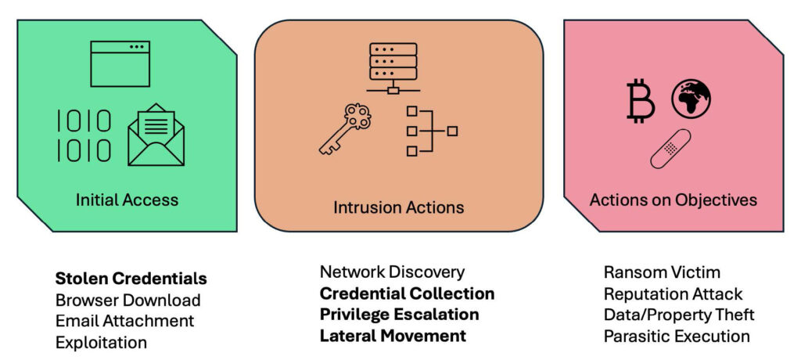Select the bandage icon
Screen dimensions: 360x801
(x=670, y=149)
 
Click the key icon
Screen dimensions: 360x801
(x=343, y=129)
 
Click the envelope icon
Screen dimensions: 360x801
(x=156, y=135)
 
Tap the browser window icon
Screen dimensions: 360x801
(x=120, y=63)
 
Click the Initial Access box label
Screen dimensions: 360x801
(x=127, y=200)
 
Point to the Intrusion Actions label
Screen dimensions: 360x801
(x=398, y=207)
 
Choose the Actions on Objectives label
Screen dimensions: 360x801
(x=673, y=200)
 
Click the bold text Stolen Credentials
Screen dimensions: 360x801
(x=131, y=279)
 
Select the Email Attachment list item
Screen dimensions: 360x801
(x=124, y=321)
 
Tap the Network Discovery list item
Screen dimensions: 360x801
(x=392, y=272)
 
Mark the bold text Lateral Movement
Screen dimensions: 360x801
(x=393, y=336)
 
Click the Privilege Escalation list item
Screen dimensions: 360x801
(x=399, y=315)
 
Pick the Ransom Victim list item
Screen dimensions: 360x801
(x=662, y=272)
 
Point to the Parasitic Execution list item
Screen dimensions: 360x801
(x=677, y=336)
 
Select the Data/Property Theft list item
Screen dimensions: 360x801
(x=679, y=315)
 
